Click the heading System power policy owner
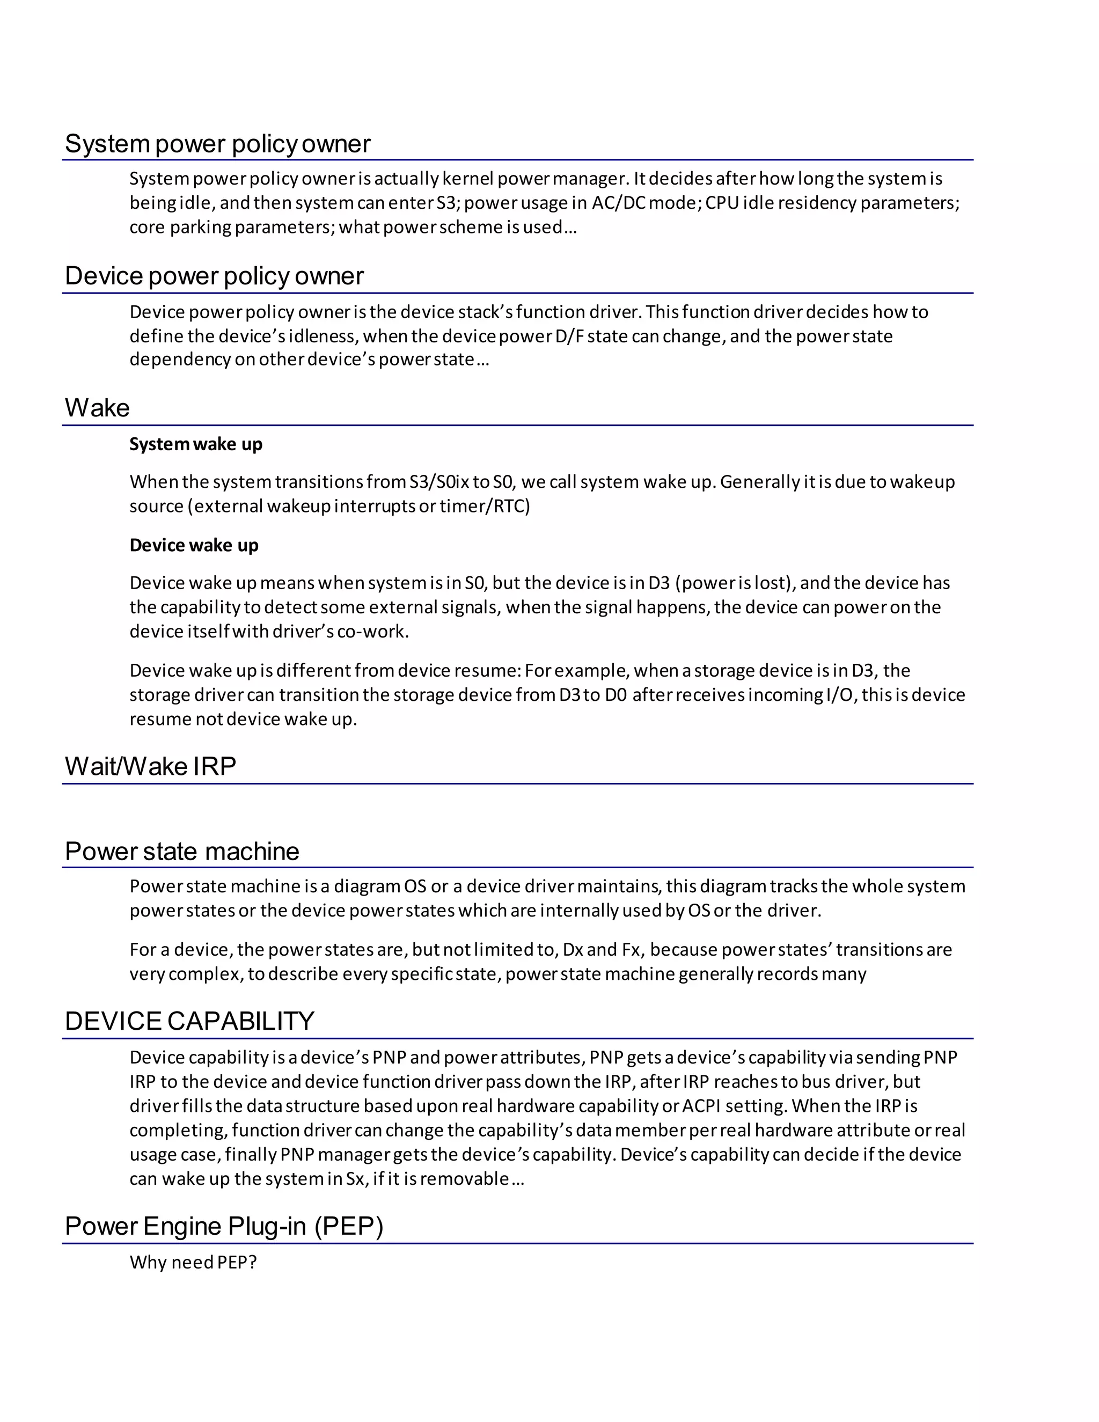217,144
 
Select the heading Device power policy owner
214,276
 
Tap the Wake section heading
97,408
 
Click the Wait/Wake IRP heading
150,766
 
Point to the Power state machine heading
182,852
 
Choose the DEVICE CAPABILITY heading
189,1021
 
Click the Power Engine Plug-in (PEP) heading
224,1226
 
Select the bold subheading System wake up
195,444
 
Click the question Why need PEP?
193,1263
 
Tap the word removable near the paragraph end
464,1178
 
